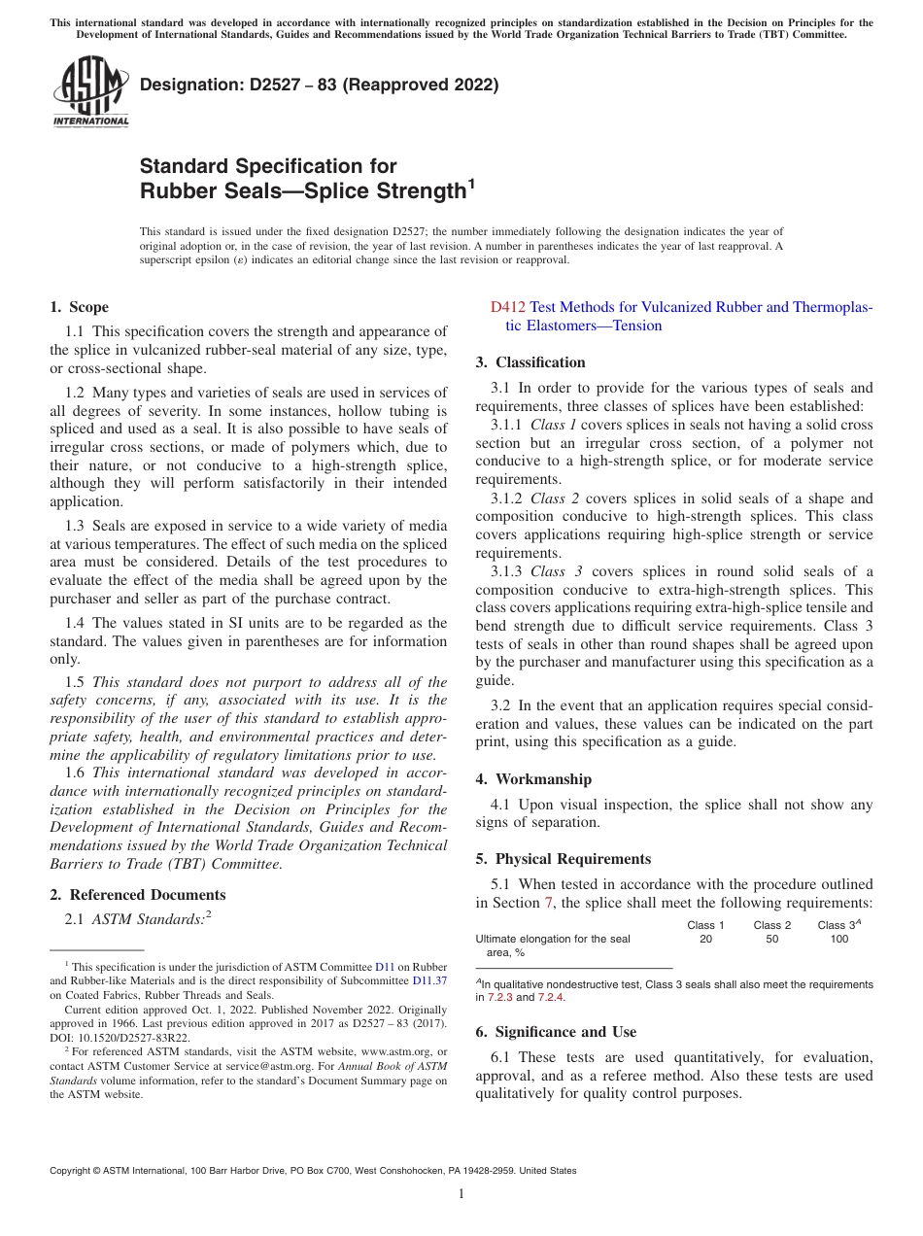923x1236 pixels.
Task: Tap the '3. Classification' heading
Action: click(x=530, y=362)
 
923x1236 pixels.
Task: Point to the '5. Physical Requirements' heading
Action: click(x=563, y=859)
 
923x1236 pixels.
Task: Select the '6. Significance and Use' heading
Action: click(x=556, y=1032)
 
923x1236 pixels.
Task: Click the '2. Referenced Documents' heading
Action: click(x=137, y=895)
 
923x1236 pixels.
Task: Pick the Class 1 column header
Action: click(x=706, y=925)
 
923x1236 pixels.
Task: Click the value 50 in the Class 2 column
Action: click(x=772, y=940)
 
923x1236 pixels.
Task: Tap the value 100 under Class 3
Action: click(x=838, y=940)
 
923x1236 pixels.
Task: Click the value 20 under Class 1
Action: click(x=706, y=940)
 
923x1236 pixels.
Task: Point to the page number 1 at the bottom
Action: click(x=461, y=1194)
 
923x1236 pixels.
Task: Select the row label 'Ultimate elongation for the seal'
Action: click(x=552, y=940)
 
